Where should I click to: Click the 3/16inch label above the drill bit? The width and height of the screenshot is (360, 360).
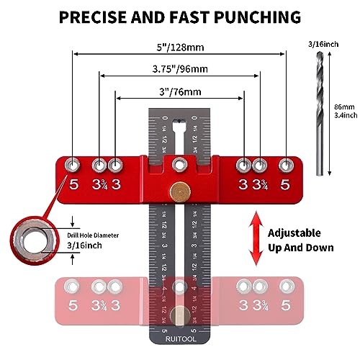(325, 45)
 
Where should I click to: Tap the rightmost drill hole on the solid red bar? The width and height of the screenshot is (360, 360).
(286, 164)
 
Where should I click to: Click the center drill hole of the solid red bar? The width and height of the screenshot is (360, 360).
(179, 164)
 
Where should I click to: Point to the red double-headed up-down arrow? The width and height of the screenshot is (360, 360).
(252, 239)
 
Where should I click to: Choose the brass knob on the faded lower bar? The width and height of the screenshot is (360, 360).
(178, 314)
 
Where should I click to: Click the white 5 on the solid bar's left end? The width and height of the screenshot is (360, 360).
(73, 183)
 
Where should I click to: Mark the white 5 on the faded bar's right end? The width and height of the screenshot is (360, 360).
(286, 305)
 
